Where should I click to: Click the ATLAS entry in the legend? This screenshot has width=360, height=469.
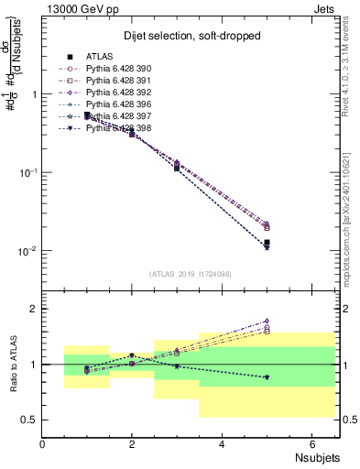99,56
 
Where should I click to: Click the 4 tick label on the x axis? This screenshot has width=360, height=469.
223,444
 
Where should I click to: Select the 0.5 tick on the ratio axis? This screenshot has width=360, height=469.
27,420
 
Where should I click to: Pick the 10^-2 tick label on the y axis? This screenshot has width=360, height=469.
27,251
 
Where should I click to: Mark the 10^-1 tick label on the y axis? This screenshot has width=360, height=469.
27,172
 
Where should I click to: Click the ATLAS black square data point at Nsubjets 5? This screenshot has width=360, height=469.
267,243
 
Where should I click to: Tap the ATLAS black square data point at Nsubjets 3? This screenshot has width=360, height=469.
177,168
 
